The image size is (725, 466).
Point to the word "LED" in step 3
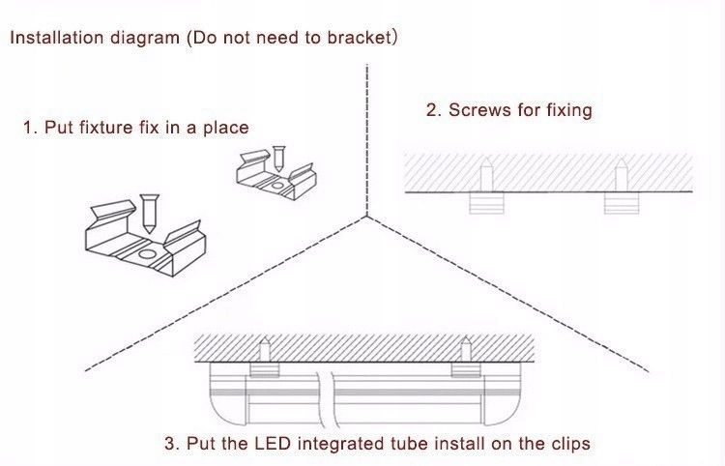pyautogui.click(x=273, y=444)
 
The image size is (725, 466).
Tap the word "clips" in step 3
pyautogui.click(x=570, y=445)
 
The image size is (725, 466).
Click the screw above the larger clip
pyautogui.click(x=149, y=214)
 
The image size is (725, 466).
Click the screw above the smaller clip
pyautogui.click(x=278, y=159)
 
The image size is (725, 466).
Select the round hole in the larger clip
pyautogui.click(x=148, y=254)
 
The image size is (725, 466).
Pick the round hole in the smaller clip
pyautogui.click(x=277, y=186)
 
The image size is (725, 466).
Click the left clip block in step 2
pyautogui.click(x=486, y=203)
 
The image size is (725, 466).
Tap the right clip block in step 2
pyautogui.click(x=622, y=203)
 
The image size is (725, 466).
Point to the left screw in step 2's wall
pyautogui.click(x=486, y=175)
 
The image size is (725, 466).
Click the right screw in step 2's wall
pyautogui.click(x=622, y=175)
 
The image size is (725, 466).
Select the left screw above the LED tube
pyautogui.click(x=265, y=350)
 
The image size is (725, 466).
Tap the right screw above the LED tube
pyautogui.click(x=466, y=350)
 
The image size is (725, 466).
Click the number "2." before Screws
pyautogui.click(x=434, y=110)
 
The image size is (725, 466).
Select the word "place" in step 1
pyautogui.click(x=226, y=128)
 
